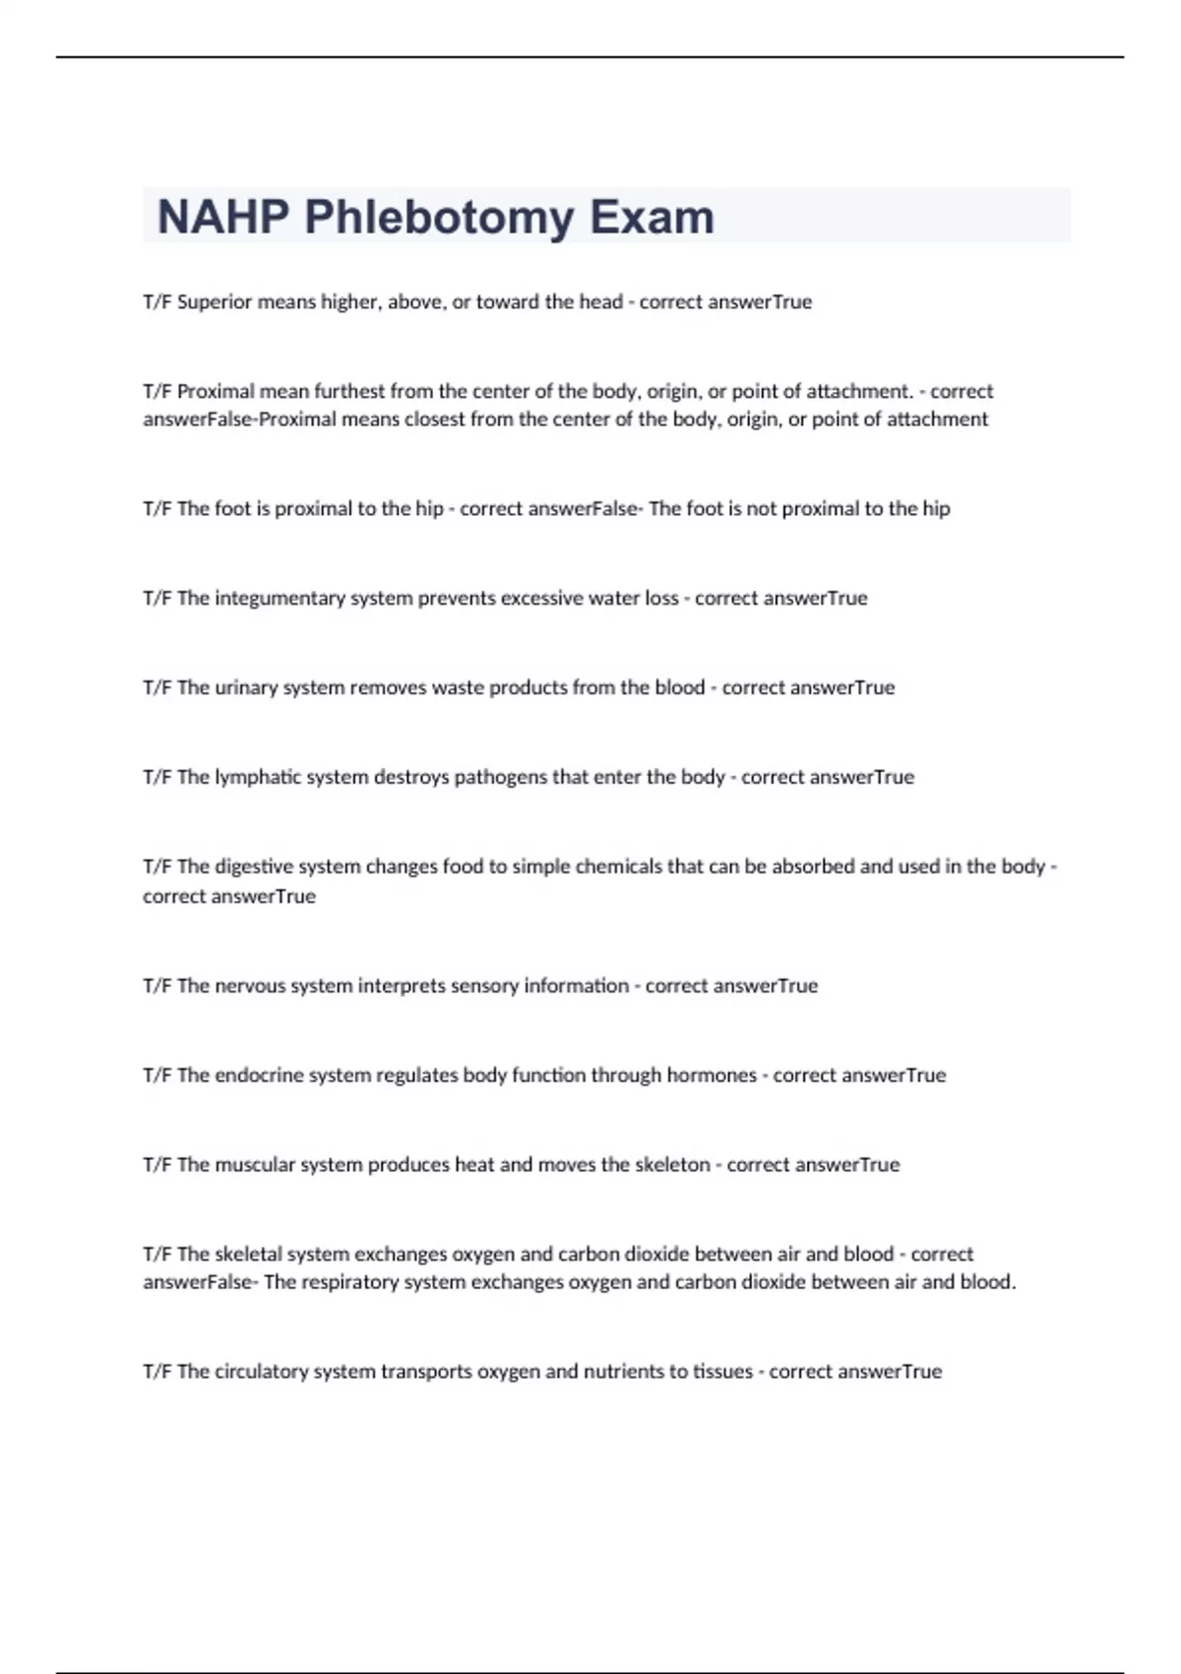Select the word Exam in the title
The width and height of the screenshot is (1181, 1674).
(652, 218)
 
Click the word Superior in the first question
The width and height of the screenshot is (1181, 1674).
(215, 302)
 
